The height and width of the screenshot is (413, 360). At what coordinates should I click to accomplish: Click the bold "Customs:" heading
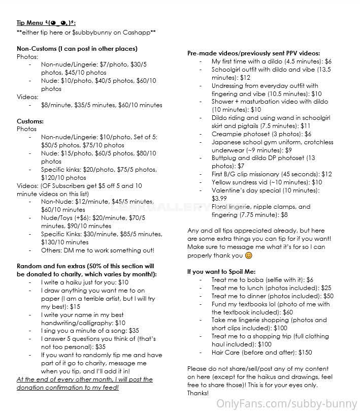pos(30,121)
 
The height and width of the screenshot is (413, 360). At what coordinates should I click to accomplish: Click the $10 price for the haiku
pos(123,282)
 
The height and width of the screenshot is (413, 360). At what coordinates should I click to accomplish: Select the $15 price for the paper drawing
pos(75,307)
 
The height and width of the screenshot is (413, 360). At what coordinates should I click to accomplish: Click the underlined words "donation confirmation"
pos(49,387)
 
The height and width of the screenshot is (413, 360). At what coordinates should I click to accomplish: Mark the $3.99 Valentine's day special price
pos(219,199)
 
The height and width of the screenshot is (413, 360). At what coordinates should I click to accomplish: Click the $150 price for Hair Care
pos(305,353)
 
